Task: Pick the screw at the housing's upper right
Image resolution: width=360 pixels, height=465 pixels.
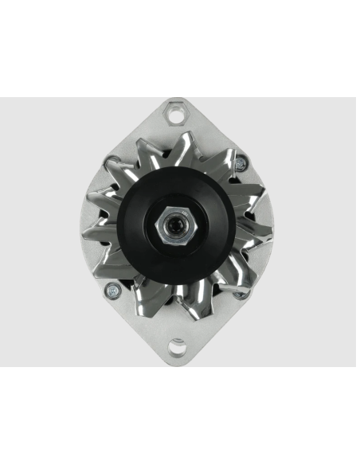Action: point(238,165)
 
